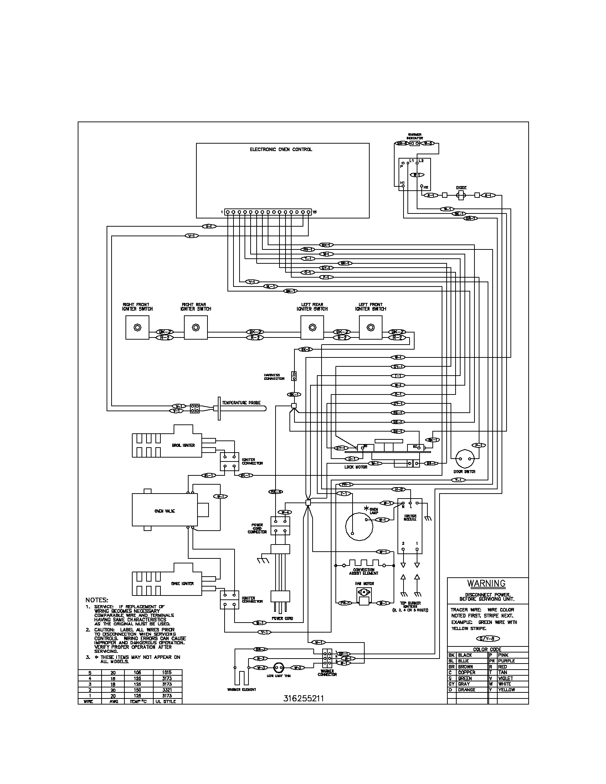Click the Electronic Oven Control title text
281,149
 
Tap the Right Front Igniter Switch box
137,327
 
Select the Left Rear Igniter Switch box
312,327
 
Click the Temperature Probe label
241,403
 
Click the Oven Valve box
165,511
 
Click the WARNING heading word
486,583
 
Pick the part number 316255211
304,698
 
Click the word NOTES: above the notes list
97,600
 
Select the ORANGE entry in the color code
466,690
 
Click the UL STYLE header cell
167,701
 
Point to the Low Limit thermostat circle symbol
279,668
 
